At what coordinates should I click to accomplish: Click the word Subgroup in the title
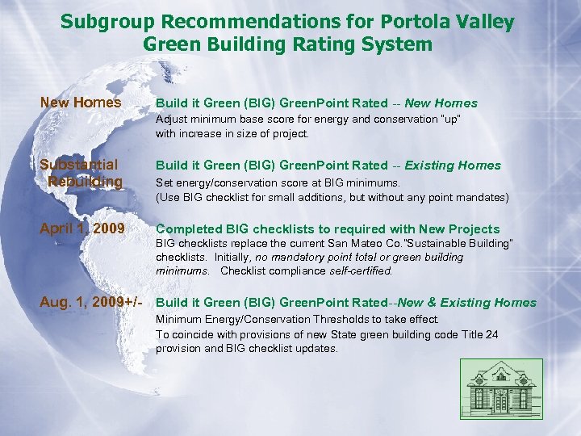98,23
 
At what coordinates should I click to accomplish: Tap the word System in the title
399,44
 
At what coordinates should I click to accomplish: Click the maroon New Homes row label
81,103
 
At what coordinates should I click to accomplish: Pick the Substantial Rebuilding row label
82,173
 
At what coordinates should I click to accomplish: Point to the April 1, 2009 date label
82,228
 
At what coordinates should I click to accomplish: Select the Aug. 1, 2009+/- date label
91,302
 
